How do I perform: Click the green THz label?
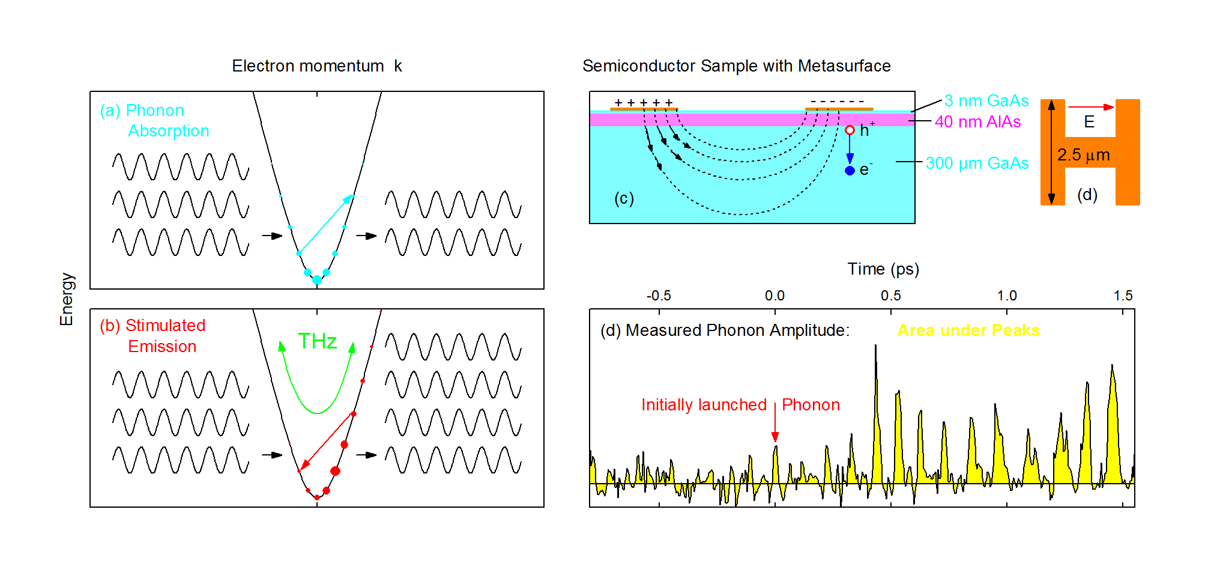317,341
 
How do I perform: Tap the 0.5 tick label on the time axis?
891,296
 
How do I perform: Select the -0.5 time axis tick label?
659,296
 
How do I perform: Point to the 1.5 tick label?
1123,296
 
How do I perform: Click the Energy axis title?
66,299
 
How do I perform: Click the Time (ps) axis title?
883,269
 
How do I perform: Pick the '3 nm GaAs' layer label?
986,100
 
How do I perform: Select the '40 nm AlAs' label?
977,122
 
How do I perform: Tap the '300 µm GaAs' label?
977,163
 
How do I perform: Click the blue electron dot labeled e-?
850,171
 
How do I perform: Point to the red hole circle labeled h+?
850,130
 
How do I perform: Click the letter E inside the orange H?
1089,122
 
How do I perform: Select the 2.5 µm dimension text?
1083,155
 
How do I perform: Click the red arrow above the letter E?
1091,108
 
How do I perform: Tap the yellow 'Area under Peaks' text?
968,330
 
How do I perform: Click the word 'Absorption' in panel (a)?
169,131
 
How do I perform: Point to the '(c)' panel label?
624,199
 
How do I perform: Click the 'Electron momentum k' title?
317,66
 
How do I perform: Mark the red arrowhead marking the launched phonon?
775,437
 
